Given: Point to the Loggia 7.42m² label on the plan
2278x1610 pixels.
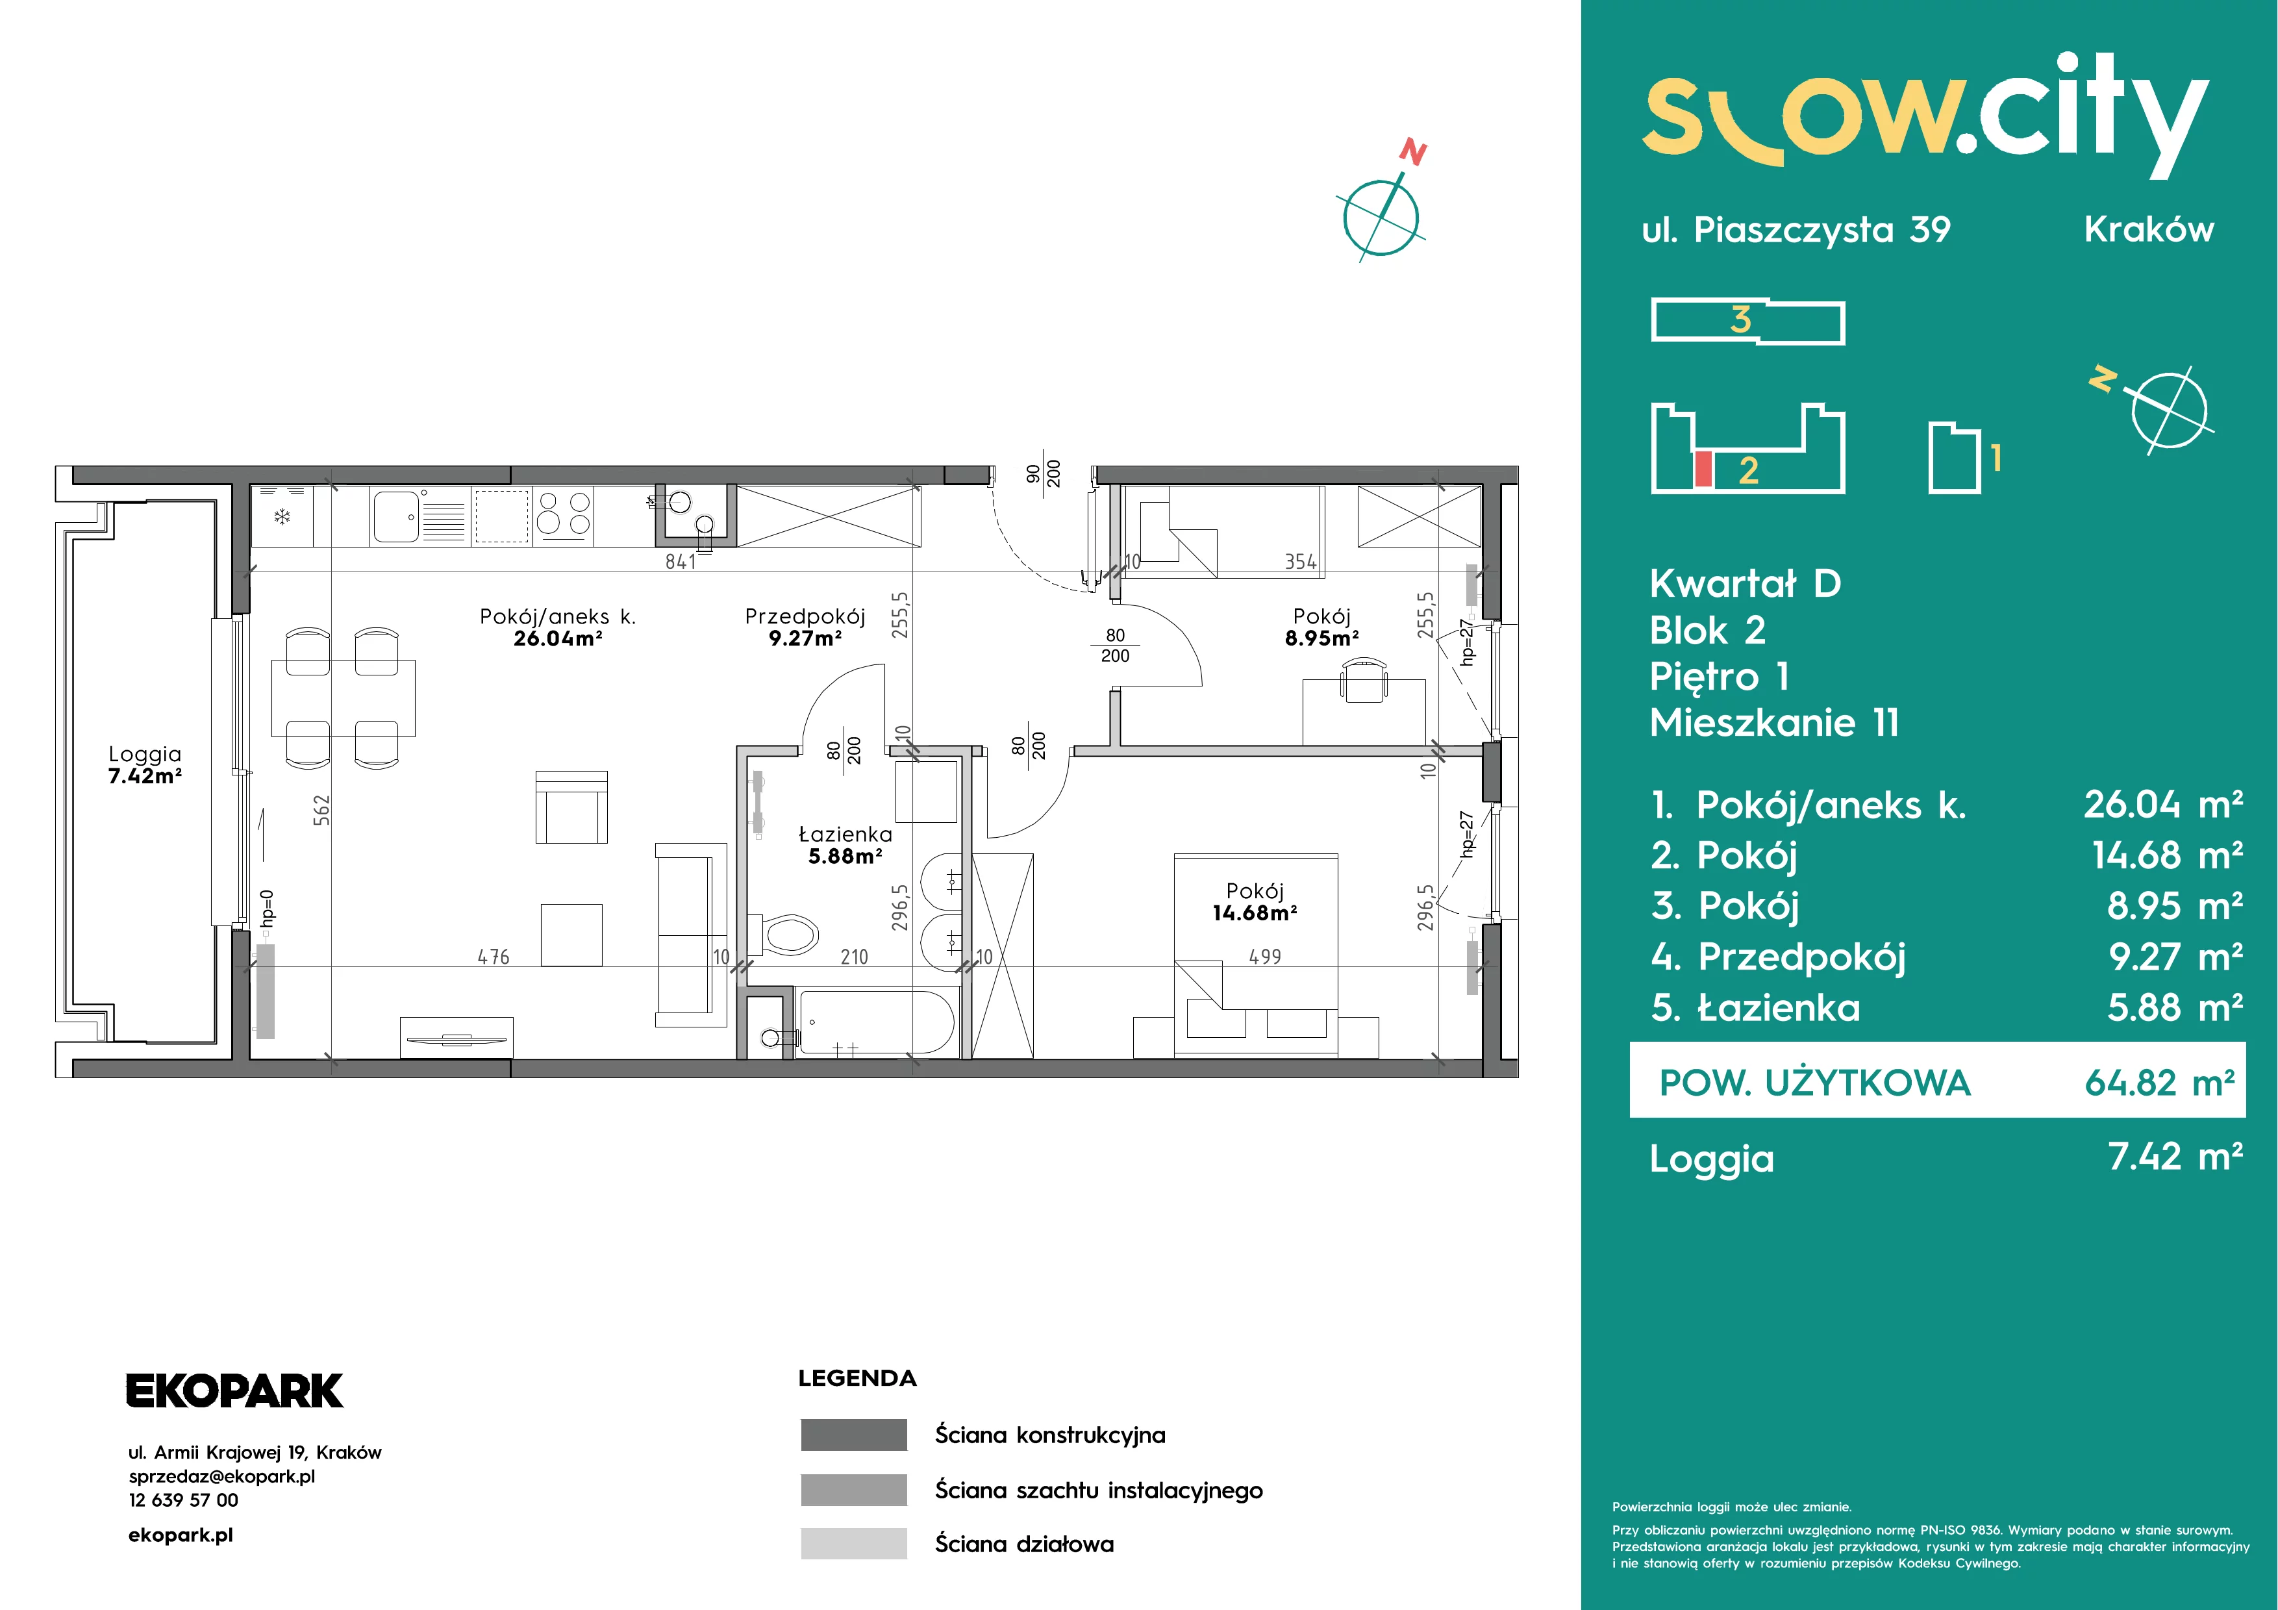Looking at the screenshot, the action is click(145, 765).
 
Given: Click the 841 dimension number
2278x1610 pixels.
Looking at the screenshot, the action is click(681, 562).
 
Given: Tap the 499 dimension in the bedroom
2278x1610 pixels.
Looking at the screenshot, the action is click(1265, 956).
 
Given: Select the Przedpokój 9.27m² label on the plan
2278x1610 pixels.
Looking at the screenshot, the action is click(805, 627).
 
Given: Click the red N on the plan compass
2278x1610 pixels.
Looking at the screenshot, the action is click(1413, 153).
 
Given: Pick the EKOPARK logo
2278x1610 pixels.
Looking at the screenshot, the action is click(234, 1390).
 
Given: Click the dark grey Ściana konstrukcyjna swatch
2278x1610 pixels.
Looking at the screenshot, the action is click(853, 1435).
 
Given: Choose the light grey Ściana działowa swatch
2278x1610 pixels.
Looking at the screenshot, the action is click(853, 1544).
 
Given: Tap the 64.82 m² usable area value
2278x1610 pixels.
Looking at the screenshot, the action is click(2159, 1082).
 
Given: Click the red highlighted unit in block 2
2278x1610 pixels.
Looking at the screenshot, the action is click(1703, 469).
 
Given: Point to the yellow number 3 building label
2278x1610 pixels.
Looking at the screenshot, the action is click(1740, 320).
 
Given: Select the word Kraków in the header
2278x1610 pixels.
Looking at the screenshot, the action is click(2149, 229).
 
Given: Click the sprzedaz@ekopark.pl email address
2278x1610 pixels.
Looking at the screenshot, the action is click(222, 1476).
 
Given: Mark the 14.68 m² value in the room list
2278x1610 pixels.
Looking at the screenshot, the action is click(2168, 855).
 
